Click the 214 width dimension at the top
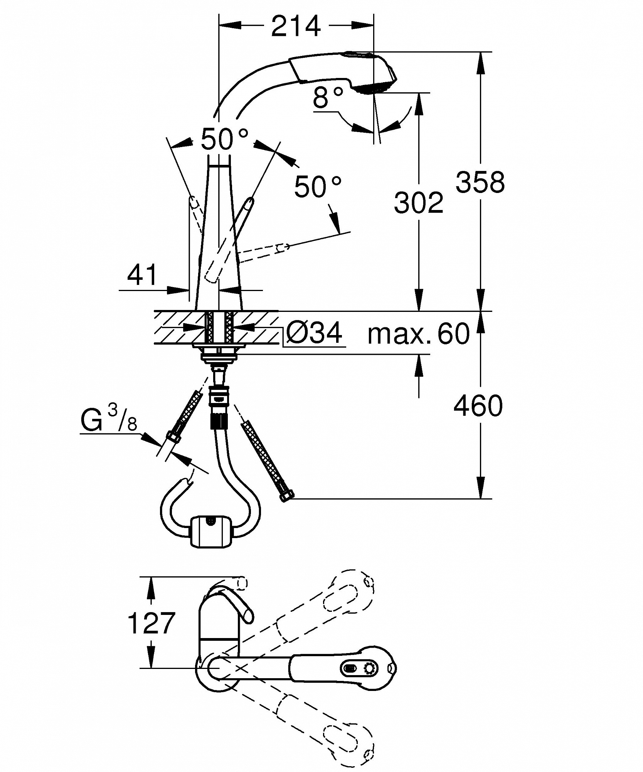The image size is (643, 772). coord(296,26)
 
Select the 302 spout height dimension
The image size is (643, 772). coord(419,202)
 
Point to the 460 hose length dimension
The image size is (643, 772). coord(478,406)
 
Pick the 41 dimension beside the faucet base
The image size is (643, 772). coord(143,275)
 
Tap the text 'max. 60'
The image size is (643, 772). coord(419,334)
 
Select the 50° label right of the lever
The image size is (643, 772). coord(318,187)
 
